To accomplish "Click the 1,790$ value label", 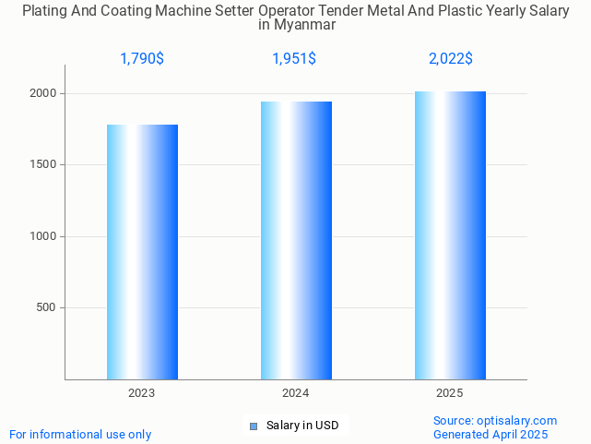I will click(x=142, y=59).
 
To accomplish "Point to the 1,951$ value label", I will click(x=294, y=59).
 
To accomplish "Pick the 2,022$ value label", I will click(x=451, y=59).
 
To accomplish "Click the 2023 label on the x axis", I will click(x=142, y=393).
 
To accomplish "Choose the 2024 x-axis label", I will click(x=296, y=393).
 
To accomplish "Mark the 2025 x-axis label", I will click(x=450, y=393).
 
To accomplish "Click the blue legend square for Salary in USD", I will click(x=254, y=426).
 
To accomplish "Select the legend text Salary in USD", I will click(x=302, y=426).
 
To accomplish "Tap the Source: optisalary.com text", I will click(x=495, y=420).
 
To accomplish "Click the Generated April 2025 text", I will click(x=491, y=434).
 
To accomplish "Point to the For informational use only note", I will click(x=80, y=434).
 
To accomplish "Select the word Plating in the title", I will click(x=45, y=11).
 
